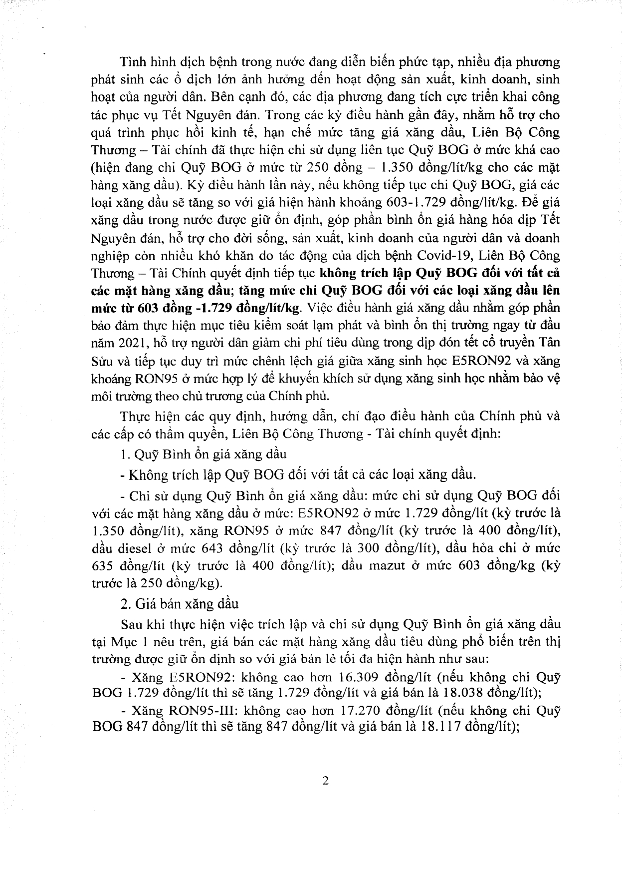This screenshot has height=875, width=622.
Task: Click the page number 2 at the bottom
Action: (325, 781)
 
